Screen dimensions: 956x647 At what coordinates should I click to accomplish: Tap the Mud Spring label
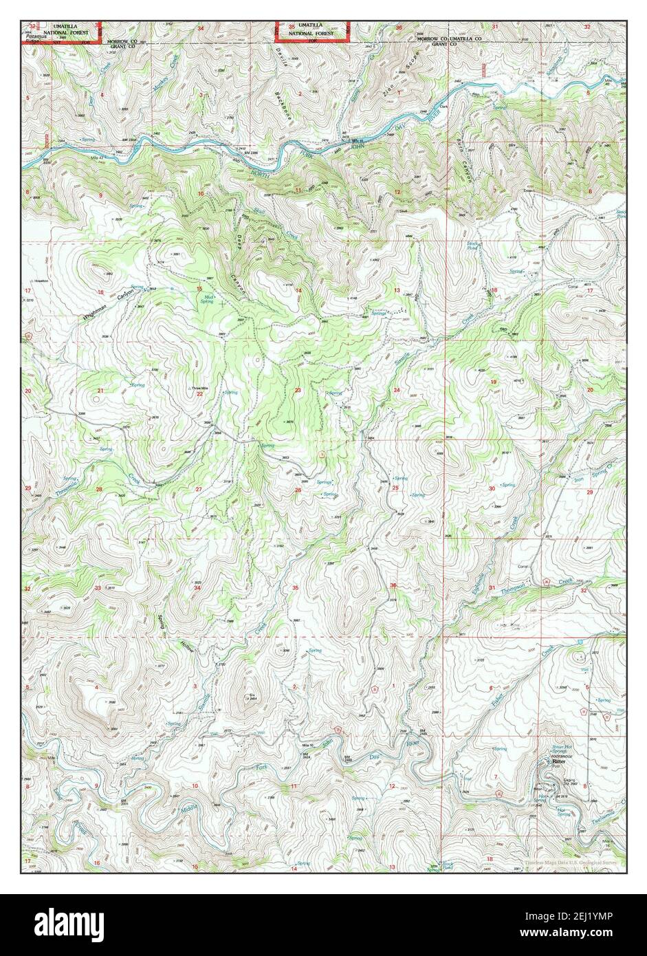point(207,299)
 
